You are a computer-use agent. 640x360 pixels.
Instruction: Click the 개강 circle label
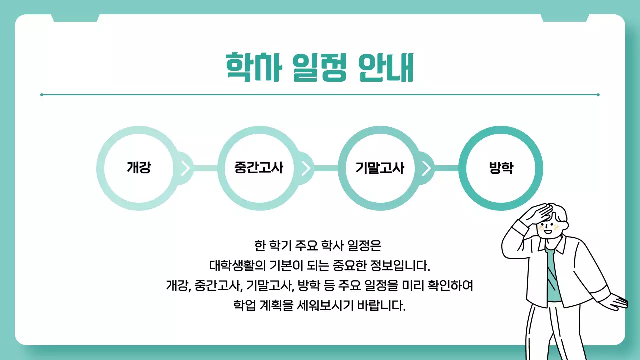click(139, 168)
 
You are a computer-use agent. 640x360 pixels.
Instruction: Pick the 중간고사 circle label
click(259, 168)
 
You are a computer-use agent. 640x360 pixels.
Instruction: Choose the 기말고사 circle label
click(380, 168)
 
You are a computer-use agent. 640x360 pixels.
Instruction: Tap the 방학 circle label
click(501, 168)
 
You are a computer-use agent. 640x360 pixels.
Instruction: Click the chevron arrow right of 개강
click(185, 168)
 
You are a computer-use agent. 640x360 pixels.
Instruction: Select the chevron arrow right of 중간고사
click(306, 168)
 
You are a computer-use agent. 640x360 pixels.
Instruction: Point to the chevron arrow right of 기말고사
click(426, 168)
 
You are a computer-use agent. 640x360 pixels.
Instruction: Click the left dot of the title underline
click(42, 94)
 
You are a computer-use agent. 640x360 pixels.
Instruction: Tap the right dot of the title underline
click(598, 94)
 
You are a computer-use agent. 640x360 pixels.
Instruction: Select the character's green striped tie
click(552, 272)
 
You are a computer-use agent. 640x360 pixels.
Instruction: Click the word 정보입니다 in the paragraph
click(398, 263)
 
